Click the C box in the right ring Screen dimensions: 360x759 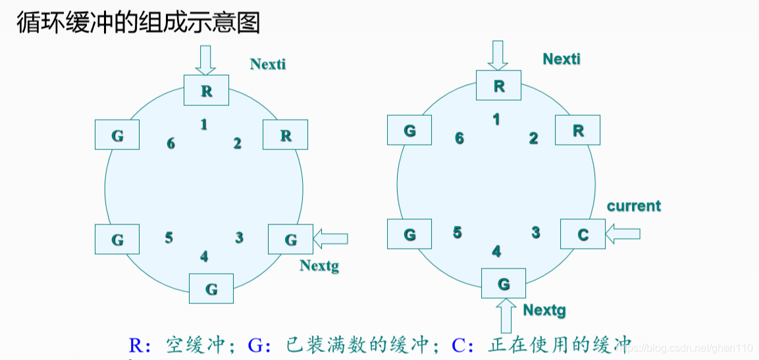coord(583,234)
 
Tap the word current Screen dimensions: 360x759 coord(633,206)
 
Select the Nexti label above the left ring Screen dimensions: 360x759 coord(268,64)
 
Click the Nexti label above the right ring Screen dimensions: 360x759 coord(562,59)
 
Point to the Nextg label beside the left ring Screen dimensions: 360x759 coord(319,266)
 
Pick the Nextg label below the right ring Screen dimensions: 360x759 coord(544,310)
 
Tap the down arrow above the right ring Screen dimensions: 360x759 coord(498,55)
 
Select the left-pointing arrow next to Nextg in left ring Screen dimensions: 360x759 coord(330,239)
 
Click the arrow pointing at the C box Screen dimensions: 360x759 coord(623,233)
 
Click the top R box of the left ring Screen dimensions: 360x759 coord(206,91)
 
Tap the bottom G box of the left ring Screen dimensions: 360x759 coord(211,288)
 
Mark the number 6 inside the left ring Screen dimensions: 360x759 coord(171,143)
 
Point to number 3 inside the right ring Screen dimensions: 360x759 coord(536,232)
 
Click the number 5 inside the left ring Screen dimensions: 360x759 coord(169,238)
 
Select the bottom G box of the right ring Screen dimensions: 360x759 coord(504,284)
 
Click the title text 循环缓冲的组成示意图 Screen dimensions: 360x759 coord(138,22)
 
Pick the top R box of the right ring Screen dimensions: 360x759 coord(498,86)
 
